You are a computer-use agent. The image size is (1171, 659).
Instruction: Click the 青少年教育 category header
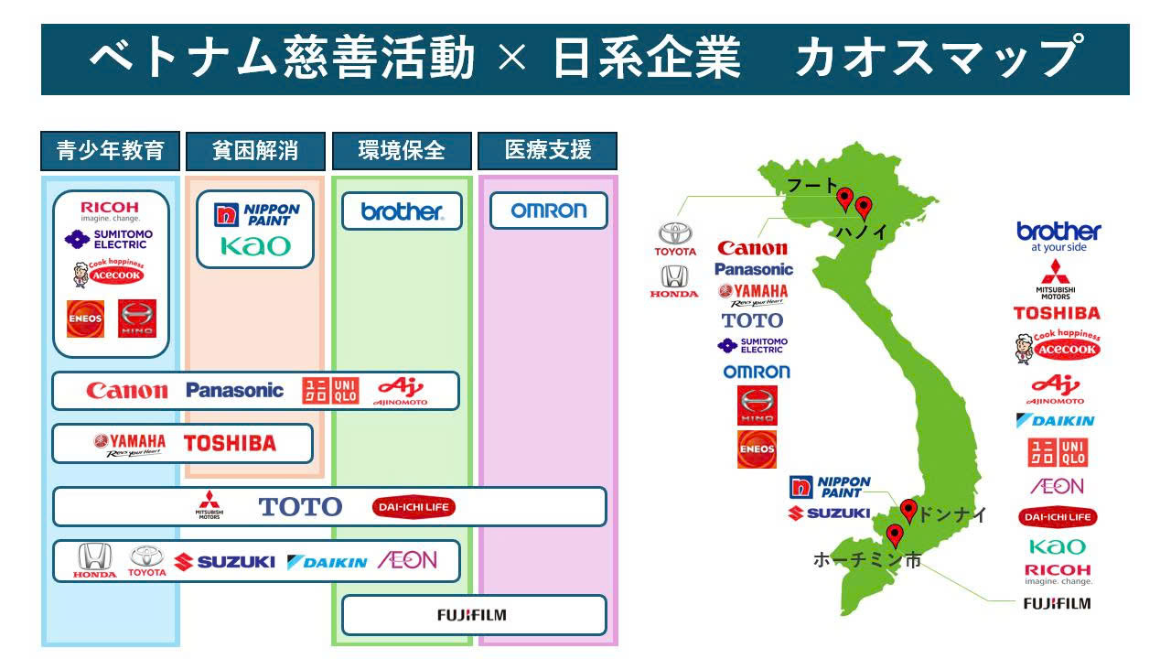coord(110,151)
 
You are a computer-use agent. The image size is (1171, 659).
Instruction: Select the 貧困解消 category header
coord(255,151)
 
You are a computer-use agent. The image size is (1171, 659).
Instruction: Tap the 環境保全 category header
coord(402,151)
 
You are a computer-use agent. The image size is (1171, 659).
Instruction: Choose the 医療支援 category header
coord(548,151)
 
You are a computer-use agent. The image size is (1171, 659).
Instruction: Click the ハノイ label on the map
coord(861,232)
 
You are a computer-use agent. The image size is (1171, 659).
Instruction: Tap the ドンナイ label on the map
coord(951,515)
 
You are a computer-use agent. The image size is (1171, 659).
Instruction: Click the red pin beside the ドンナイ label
coord(908,510)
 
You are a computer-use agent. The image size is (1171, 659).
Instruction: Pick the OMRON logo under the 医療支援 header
coord(548,211)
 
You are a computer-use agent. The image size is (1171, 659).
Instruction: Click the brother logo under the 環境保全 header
coord(402,211)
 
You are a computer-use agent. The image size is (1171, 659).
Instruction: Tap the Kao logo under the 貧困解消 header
coord(255,245)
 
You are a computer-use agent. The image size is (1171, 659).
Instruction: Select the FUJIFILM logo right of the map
coord(1057,603)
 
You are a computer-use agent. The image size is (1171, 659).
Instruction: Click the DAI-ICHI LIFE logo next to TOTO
coord(414,507)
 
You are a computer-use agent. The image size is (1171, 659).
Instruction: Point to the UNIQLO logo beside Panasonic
coord(328,391)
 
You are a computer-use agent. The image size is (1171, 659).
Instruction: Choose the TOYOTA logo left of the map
coord(675,240)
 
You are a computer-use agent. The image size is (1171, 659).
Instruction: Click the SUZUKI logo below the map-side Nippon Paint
coord(829,513)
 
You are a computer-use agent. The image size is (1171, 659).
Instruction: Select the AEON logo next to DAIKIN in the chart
coord(407,560)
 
